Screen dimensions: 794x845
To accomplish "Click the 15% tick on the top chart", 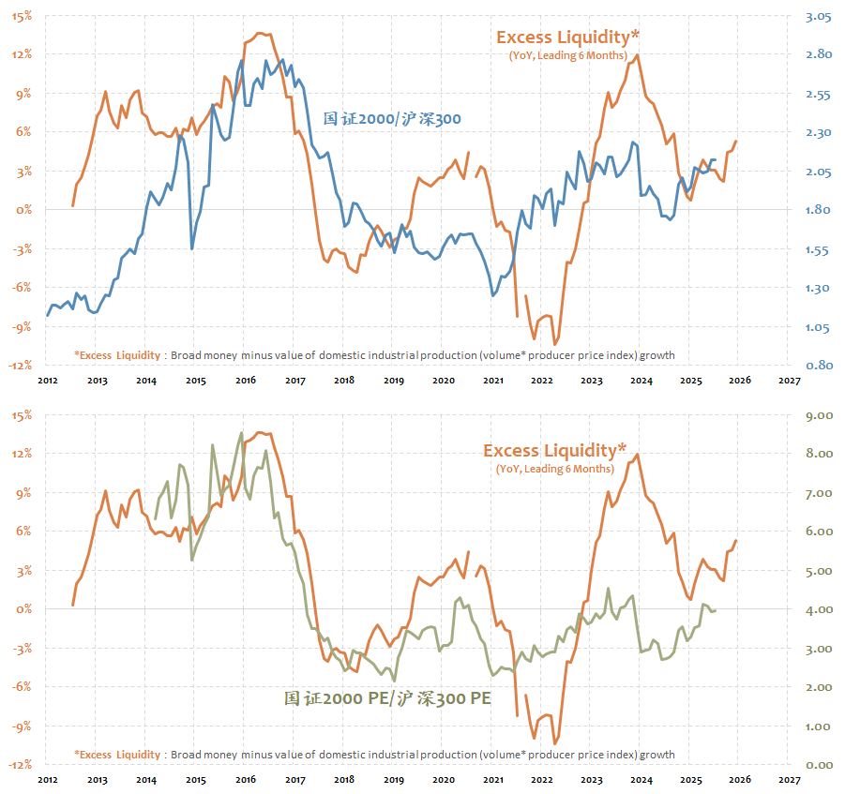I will coord(21,15).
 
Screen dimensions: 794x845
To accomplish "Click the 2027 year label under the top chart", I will coord(789,381).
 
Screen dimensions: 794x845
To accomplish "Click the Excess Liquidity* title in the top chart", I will coord(567,37).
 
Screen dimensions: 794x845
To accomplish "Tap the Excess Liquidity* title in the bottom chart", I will coord(554,451).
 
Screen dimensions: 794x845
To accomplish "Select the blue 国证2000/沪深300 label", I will coord(392,119).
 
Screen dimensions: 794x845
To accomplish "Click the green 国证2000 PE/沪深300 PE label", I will coord(387,698).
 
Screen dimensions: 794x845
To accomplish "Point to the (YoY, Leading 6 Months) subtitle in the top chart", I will coord(567,55).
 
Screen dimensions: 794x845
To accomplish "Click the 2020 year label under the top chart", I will coord(443,381).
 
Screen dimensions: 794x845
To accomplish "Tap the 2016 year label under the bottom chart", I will coord(245,780).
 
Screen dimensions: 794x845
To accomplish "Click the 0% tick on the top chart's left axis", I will coord(23,210).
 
